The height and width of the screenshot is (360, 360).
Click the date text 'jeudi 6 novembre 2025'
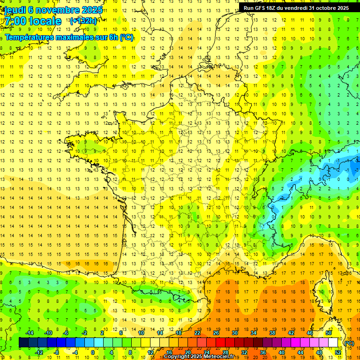(x=53, y=10)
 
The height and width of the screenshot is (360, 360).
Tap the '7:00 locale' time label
(x=33, y=22)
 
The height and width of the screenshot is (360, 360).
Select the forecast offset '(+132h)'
(x=83, y=21)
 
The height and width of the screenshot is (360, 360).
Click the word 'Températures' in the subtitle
(x=29, y=37)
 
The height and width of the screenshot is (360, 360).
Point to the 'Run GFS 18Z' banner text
(x=261, y=8)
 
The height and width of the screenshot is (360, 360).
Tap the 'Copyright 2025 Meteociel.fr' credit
(x=199, y=357)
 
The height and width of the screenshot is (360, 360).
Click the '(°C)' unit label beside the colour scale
(x=349, y=343)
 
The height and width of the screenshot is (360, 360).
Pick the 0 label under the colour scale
(x=93, y=352)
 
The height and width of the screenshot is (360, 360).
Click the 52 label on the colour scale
(x=338, y=352)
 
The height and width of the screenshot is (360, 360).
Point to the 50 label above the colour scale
(x=329, y=333)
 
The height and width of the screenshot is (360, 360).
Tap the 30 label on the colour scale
(x=234, y=333)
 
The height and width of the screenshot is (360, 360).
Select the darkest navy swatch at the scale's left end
(x=23, y=343)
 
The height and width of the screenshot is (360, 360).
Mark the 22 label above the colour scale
(x=197, y=333)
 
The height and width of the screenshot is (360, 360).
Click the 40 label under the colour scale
(x=281, y=352)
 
